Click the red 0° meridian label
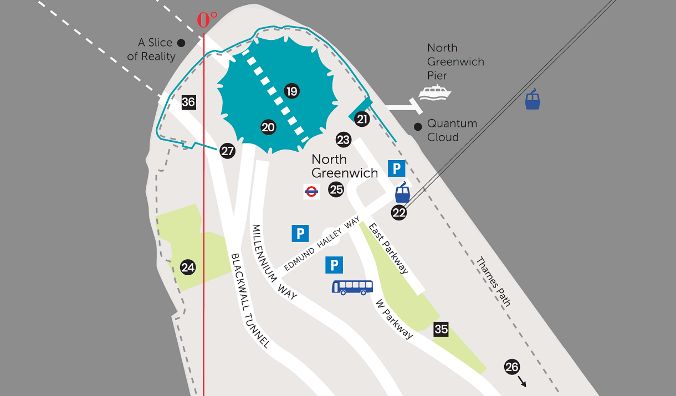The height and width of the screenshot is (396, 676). (x=207, y=20)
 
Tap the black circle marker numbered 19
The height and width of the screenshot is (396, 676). (x=292, y=91)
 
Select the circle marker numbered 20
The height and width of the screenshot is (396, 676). (x=268, y=127)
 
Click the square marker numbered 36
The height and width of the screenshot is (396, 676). (x=188, y=102)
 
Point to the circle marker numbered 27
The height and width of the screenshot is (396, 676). (x=227, y=151)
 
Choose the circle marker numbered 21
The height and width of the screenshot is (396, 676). (x=362, y=119)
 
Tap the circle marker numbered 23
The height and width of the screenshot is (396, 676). (x=344, y=140)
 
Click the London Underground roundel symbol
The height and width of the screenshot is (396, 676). (x=311, y=192)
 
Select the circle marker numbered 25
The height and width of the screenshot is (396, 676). (x=336, y=190)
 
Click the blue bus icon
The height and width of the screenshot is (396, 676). (x=352, y=287)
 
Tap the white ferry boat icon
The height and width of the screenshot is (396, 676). (x=434, y=93)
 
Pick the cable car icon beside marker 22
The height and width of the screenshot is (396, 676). (x=403, y=192)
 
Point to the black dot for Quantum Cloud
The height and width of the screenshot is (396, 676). (x=418, y=127)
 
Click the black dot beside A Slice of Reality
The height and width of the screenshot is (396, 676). (x=181, y=43)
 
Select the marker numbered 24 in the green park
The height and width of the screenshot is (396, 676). (x=188, y=268)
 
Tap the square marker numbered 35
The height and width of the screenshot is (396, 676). (x=441, y=329)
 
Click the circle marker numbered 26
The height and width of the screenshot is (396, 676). (x=512, y=367)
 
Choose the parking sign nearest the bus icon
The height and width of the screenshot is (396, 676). (x=334, y=265)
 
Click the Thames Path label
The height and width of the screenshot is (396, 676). (x=493, y=282)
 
